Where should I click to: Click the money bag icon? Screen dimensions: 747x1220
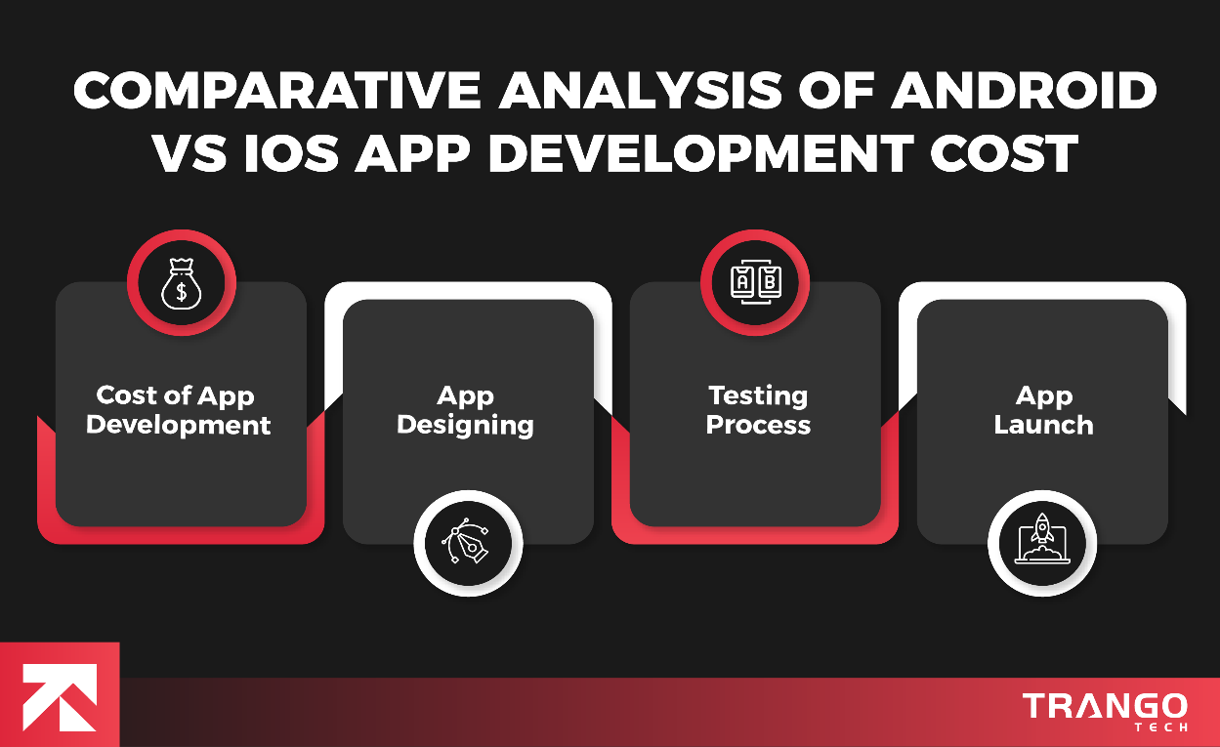[x=181, y=282]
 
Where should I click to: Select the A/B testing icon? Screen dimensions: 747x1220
[x=755, y=282]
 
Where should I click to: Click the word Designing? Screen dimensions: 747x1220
[x=466, y=426]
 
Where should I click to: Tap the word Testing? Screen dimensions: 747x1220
[x=758, y=395]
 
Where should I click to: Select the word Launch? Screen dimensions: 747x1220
[x=1043, y=426]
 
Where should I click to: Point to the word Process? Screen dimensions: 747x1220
[x=758, y=426]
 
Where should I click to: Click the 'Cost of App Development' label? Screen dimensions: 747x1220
[x=178, y=410]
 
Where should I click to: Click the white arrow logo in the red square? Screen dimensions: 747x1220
[x=60, y=695]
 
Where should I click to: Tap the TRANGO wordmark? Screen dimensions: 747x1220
[x=1105, y=705]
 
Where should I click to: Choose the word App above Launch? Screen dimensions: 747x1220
[x=1043, y=395]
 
